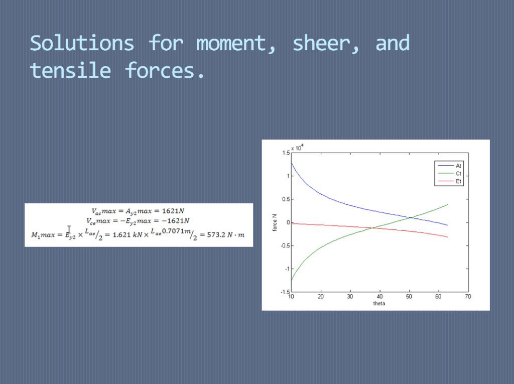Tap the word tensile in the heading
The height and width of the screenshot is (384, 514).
tap(70, 70)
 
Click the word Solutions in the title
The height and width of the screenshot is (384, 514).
tap(82, 43)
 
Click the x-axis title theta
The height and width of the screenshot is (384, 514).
tap(379, 303)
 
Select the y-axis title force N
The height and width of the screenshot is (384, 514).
tap(275, 223)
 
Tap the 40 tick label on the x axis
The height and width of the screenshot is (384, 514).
tap(379, 297)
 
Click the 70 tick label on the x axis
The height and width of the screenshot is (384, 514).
tap(468, 297)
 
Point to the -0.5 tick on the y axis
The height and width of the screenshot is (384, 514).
tap(285, 245)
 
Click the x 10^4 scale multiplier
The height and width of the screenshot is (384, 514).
tap(297, 148)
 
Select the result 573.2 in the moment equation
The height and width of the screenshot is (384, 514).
tap(216, 235)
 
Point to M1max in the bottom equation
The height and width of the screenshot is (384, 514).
tap(43, 235)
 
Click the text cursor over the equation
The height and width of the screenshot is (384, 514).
tap(69, 229)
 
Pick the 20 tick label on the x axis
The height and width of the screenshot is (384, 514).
tap(321, 297)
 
